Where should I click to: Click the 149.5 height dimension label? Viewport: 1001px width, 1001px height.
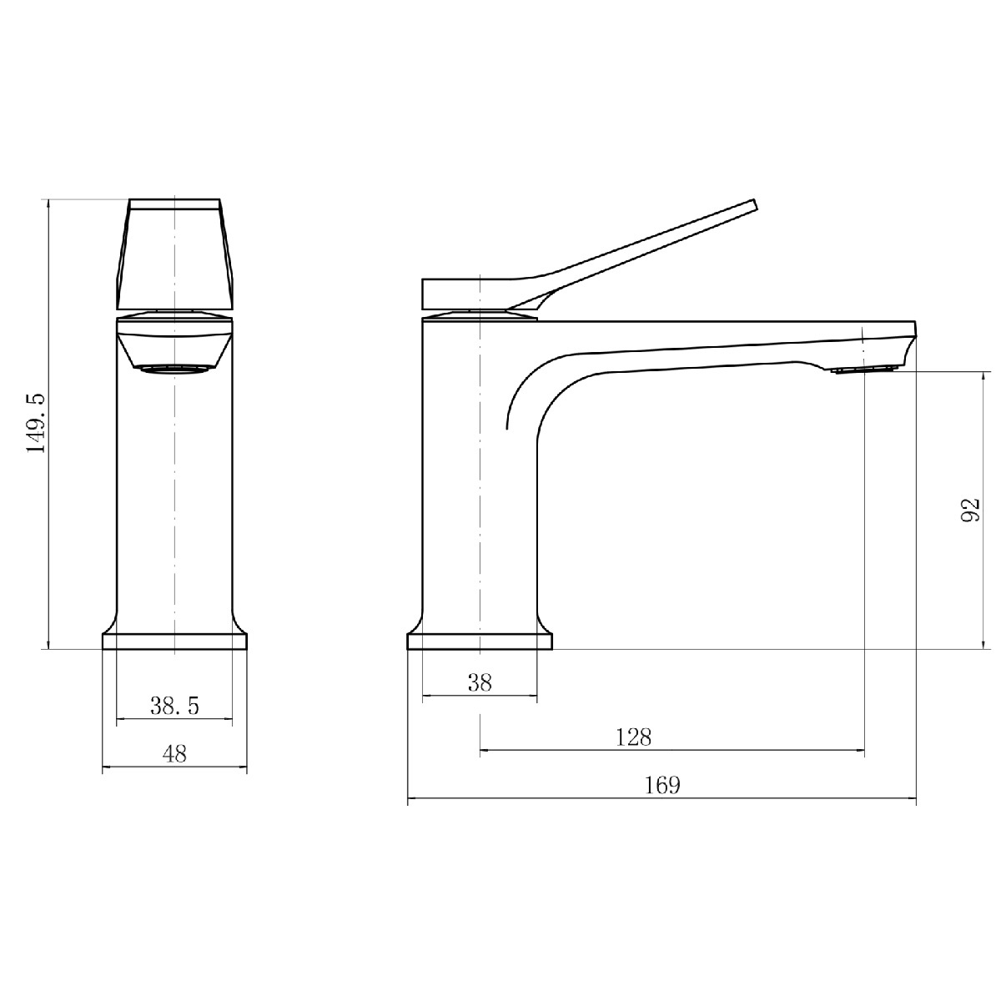tap(37, 424)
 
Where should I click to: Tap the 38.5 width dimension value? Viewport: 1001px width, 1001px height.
tap(174, 706)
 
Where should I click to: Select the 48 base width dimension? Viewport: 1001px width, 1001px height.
tap(174, 754)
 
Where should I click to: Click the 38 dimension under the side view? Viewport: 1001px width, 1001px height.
tap(480, 683)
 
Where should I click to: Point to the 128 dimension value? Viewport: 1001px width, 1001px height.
tap(633, 737)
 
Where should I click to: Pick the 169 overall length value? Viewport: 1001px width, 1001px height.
tap(662, 785)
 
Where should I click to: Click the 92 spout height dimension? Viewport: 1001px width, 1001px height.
tap(970, 510)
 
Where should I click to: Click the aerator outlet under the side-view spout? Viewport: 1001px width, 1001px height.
tap(865, 370)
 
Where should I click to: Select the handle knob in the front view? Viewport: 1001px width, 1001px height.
tap(174, 254)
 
